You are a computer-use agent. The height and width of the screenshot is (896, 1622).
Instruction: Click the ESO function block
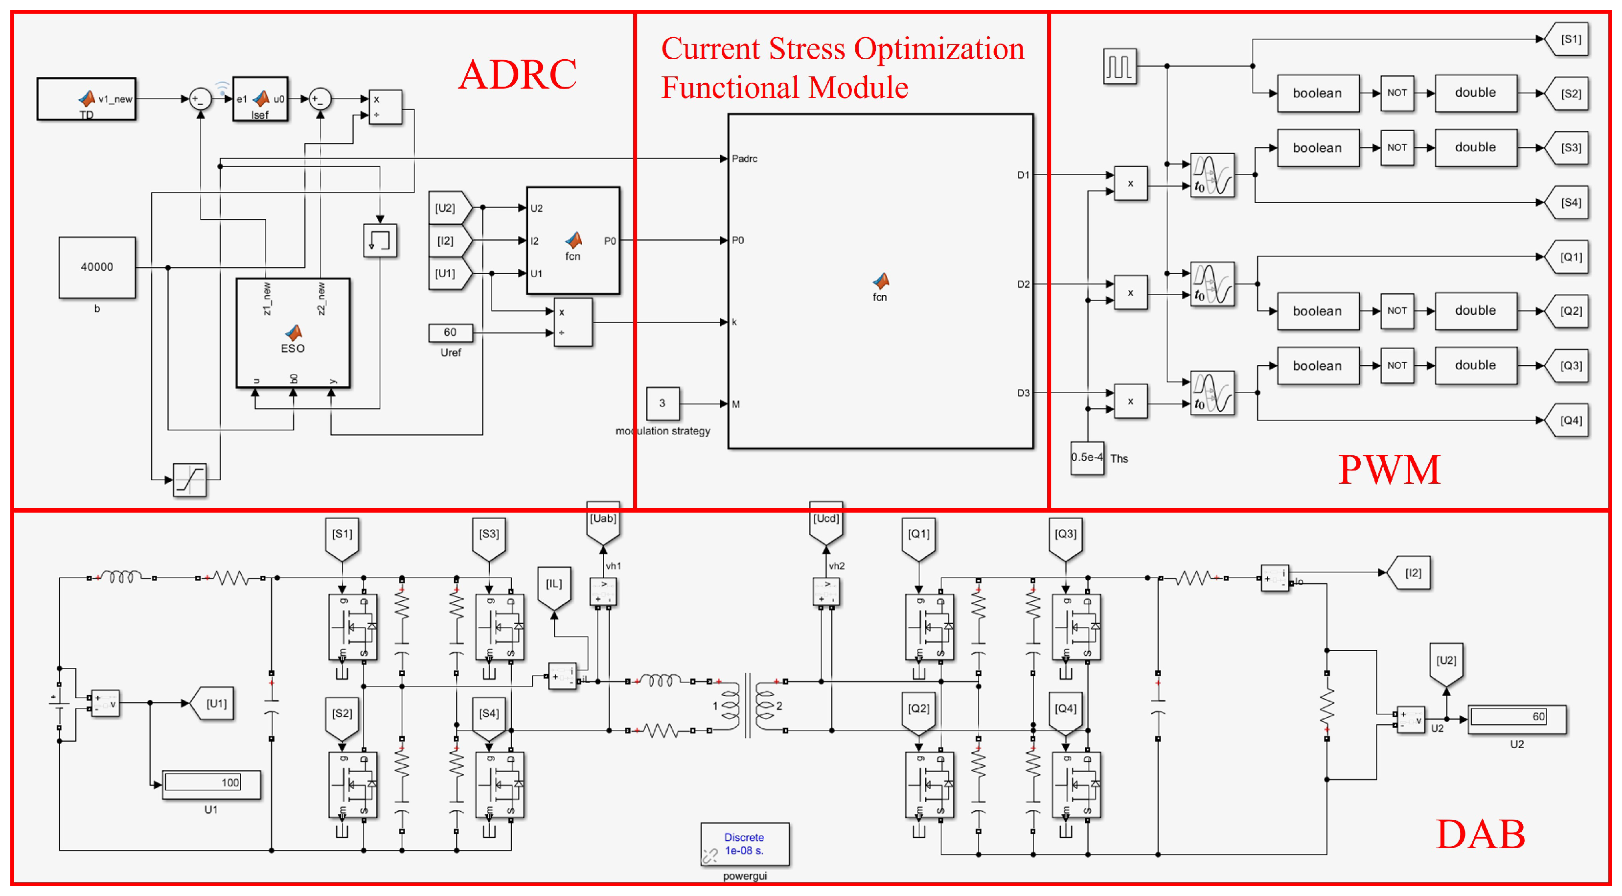293,332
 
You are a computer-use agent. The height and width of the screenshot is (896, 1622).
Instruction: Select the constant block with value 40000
97,267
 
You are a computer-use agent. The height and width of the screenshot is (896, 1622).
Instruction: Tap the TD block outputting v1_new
86,99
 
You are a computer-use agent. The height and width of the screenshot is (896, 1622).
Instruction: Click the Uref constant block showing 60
450,332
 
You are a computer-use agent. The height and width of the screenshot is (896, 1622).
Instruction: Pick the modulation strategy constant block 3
663,403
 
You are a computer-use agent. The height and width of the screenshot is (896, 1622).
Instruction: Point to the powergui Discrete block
744,844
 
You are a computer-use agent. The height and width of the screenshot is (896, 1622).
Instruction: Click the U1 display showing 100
211,783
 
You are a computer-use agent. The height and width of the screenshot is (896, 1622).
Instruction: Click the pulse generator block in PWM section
1119,66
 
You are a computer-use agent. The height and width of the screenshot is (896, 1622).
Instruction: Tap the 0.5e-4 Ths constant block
1087,457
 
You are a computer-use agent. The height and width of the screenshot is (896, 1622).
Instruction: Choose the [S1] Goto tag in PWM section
1570,39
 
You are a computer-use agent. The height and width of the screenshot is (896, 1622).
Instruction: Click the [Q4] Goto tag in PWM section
1570,420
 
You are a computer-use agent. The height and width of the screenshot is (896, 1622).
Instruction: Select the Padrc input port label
744,159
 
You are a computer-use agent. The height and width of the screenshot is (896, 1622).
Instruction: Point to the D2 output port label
1023,284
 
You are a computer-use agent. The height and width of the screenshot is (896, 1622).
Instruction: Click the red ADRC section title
517,74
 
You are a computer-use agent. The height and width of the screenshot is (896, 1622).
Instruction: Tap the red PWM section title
1389,470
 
